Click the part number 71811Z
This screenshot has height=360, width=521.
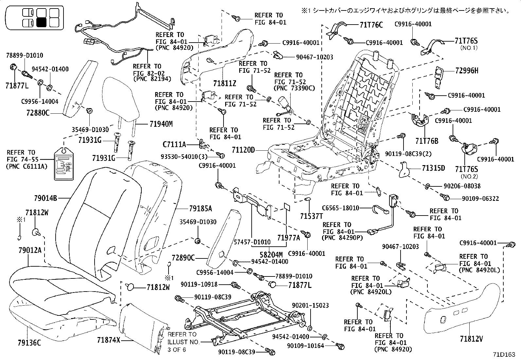(225, 84)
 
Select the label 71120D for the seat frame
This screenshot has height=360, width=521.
(243, 150)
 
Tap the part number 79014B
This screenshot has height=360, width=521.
(45, 198)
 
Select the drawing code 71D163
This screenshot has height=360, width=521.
(504, 354)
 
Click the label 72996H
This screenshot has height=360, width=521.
(467, 70)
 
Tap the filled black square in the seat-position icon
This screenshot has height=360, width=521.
(42, 23)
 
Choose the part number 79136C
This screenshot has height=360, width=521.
(29, 343)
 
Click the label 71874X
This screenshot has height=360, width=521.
(109, 340)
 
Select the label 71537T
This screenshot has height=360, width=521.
(312, 216)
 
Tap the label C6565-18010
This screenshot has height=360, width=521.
(340, 208)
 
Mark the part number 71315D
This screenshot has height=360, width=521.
(433, 168)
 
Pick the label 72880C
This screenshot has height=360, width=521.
(38, 113)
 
